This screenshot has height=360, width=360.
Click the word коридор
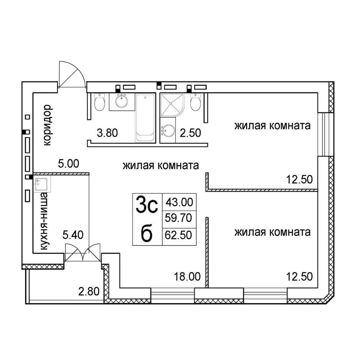[x=48, y=125]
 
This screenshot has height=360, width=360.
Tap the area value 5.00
[x=68, y=164]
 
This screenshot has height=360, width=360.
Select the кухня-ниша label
[x=44, y=221]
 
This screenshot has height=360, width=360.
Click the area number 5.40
[x=73, y=235]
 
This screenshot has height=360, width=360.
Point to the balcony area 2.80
[x=89, y=291]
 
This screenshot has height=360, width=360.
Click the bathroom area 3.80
[x=107, y=133]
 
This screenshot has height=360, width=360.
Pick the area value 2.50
[x=190, y=133]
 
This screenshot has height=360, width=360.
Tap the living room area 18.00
[x=187, y=276]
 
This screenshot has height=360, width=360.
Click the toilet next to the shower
[x=195, y=102]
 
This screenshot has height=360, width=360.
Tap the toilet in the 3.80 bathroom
[x=100, y=102]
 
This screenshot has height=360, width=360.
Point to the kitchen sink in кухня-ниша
[x=42, y=184]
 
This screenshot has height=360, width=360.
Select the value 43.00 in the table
[x=179, y=202]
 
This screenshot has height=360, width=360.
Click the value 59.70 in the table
[x=179, y=218]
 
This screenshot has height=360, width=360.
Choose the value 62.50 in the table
[x=179, y=235]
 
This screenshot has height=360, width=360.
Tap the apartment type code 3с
[x=147, y=204]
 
